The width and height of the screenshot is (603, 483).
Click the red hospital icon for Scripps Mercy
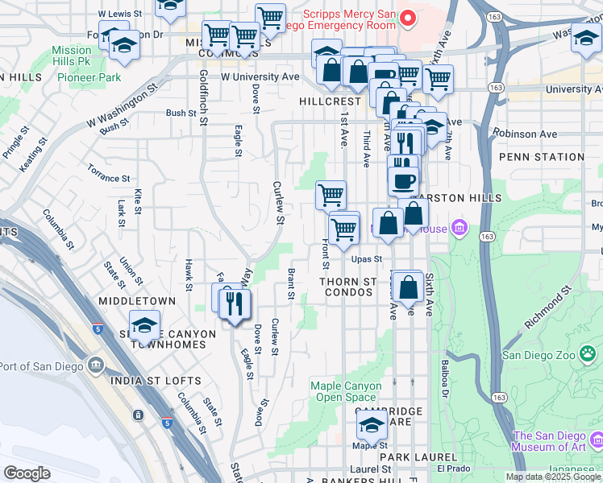[409, 17]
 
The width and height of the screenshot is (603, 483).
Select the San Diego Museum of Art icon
[596, 440]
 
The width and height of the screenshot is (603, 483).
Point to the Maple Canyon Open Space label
[343, 391]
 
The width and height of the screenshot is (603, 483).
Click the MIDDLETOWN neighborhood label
[136, 300]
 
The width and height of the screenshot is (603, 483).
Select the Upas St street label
[366, 259]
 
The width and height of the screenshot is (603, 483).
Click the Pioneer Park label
[89, 77]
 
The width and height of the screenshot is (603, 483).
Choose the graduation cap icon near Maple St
[372, 424]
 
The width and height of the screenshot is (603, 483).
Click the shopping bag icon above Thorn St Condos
[408, 287]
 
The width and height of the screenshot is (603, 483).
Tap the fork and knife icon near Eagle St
[235, 305]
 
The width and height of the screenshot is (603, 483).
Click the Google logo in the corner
[27, 473]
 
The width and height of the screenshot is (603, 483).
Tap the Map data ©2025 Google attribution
[552, 477]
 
